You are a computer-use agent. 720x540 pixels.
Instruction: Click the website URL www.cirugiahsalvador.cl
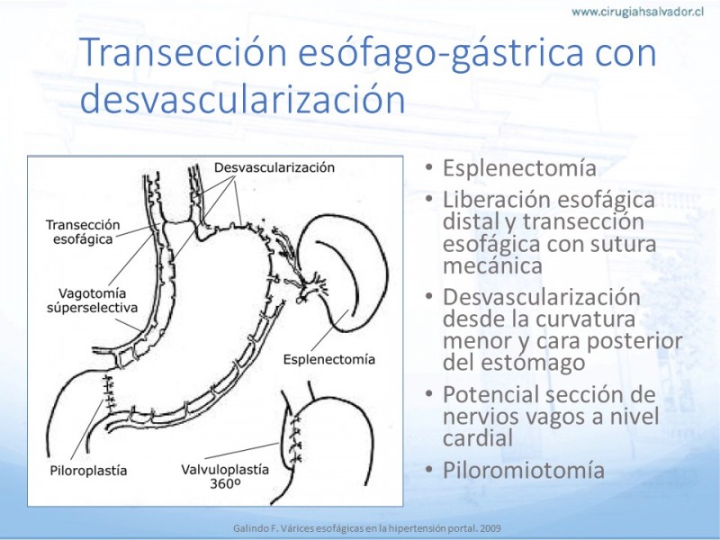tap(637, 12)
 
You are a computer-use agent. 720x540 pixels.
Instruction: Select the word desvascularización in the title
tap(242, 98)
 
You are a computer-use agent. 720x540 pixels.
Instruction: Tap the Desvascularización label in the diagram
tap(274, 167)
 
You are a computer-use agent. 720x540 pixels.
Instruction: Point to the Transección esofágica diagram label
tap(83, 232)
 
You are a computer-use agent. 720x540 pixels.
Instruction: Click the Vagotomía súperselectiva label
tap(93, 301)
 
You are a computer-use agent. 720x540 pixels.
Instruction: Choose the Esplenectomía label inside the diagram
tap(328, 359)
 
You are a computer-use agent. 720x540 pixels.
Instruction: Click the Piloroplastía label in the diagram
tap(88, 471)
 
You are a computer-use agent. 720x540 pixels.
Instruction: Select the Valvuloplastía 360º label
tap(225, 476)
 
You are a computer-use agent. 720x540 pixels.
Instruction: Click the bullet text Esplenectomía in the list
tap(519, 168)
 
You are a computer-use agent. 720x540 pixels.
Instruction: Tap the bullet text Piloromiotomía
tap(524, 470)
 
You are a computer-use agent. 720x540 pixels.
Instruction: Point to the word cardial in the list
tap(478, 437)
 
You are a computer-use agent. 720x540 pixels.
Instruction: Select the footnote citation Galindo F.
tap(255, 528)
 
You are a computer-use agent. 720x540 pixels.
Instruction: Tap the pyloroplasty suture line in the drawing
tap(109, 392)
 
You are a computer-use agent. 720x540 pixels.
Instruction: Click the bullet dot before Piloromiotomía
tap(429, 469)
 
